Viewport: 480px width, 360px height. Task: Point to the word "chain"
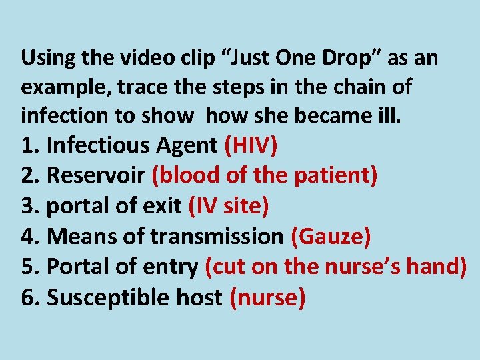pos(350,87)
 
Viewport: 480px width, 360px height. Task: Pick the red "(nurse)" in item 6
pos(267,297)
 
